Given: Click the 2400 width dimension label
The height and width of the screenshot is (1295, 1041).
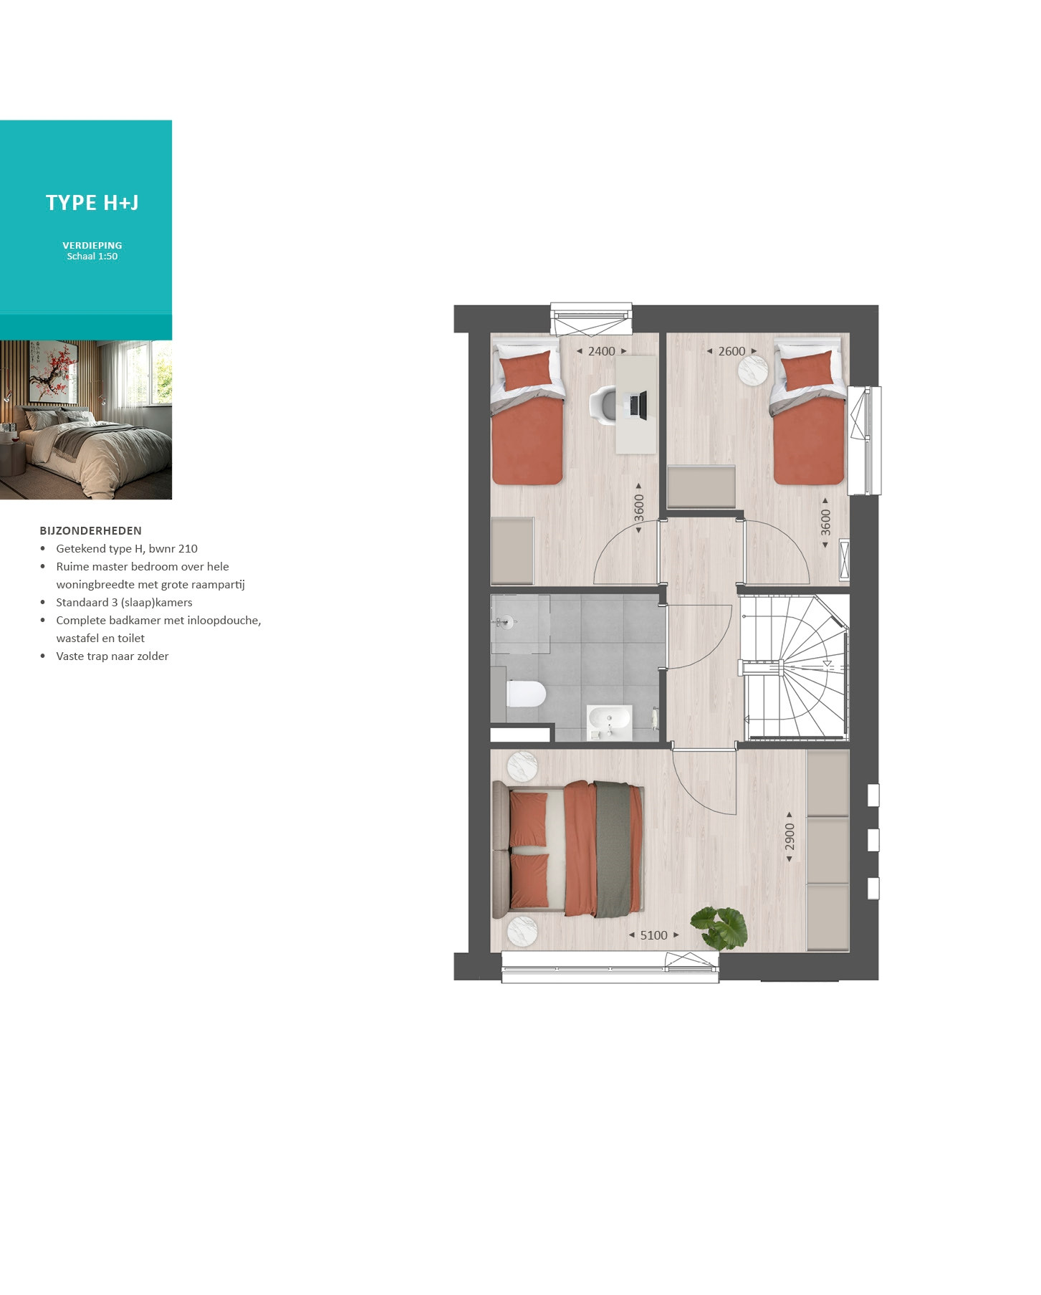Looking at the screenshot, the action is pos(602,351).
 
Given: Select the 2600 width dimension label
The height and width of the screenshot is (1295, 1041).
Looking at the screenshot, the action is pos(731,351).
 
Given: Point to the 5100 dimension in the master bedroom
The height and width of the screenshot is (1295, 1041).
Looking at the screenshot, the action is pos(653,935).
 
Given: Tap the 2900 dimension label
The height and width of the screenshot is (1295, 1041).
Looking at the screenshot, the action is pos(790,837).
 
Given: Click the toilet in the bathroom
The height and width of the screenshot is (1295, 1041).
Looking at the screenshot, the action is pos(527,694).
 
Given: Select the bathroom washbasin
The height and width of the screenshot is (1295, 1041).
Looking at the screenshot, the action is pos(610,722).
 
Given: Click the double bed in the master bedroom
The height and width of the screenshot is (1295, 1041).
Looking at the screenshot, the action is pos(567,849).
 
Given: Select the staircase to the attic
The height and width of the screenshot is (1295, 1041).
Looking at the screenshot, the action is pos(795,666).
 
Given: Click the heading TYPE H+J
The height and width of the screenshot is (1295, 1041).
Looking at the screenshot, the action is pos(92,203).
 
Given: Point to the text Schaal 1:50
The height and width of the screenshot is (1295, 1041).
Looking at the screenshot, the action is pos(92,257).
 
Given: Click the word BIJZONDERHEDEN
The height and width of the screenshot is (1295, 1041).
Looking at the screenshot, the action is pos(91,531).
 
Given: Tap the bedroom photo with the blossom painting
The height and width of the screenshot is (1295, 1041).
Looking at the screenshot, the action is pos(86,420).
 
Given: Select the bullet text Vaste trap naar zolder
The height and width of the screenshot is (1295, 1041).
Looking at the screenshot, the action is pos(112,656).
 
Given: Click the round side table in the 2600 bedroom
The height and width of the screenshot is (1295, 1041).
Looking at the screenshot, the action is pos(753,371).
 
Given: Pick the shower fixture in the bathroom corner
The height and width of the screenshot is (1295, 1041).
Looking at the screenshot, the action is pos(504,622).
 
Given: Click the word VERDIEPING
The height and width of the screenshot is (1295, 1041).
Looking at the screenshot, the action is pos(92,245).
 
